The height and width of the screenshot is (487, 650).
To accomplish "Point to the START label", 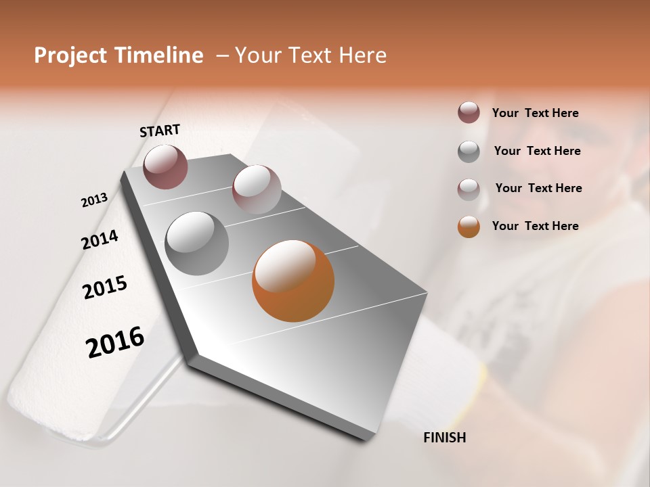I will point(160,131).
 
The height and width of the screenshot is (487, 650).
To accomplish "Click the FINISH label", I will point(444,438).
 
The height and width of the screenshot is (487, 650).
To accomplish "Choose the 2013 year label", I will point(95,200).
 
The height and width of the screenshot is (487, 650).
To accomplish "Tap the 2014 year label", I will point(100,239).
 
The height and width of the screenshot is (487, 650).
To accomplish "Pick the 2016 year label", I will point(115,342).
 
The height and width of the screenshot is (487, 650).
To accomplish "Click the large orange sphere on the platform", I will point(293,281).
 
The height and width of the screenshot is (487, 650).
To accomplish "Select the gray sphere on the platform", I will point(196,243).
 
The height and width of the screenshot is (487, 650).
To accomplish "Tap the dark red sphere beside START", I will point(165,166).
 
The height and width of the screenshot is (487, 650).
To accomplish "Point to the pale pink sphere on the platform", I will point(257,189).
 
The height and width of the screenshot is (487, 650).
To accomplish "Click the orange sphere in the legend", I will point(469,227).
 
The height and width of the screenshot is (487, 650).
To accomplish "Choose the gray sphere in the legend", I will point(469,152).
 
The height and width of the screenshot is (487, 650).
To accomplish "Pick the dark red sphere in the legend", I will point(469,113).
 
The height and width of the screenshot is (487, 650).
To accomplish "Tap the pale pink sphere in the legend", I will point(469,189).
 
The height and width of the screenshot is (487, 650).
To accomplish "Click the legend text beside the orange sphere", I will point(535,226).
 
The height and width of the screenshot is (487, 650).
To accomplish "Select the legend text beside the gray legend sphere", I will point(537,151).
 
